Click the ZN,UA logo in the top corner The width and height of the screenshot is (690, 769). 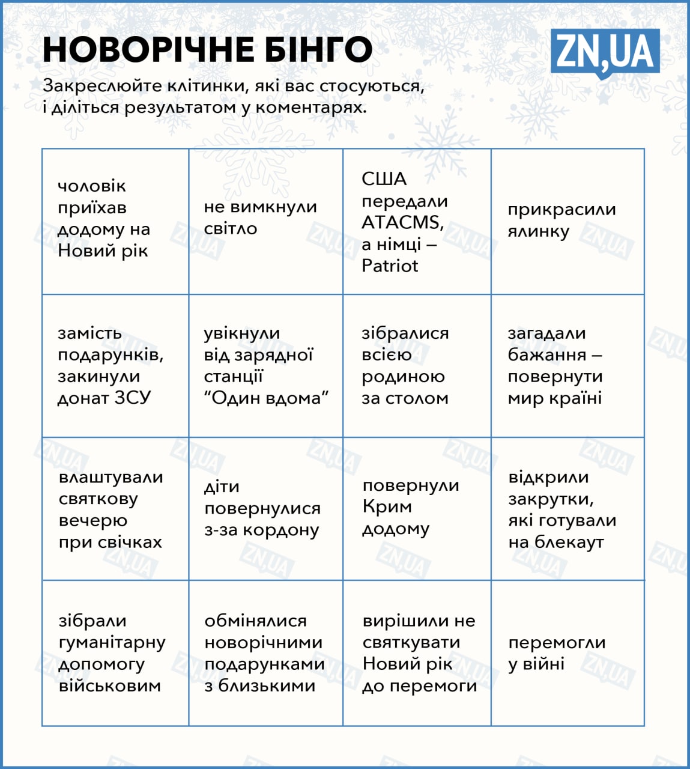coord(605,52)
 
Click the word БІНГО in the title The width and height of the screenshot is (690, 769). coord(318,49)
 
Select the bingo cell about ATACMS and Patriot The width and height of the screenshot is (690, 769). coord(417,222)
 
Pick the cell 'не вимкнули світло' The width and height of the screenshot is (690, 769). coord(265,222)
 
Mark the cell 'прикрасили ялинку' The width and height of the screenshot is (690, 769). coord(567,222)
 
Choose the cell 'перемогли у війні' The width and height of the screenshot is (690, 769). coord(567,653)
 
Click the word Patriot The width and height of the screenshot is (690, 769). coord(390,266)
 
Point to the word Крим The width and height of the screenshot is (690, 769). coord(387,506)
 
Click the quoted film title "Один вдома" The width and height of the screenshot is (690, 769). coord(266,398)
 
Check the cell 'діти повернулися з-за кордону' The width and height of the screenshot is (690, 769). coord(265,508)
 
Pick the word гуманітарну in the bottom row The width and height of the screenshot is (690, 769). coord(112,642)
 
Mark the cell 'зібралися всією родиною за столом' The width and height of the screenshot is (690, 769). coord(417,365)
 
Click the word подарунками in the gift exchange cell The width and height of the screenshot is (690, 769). coord(264,664)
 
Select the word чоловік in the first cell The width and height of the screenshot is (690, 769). coord(92,186)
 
